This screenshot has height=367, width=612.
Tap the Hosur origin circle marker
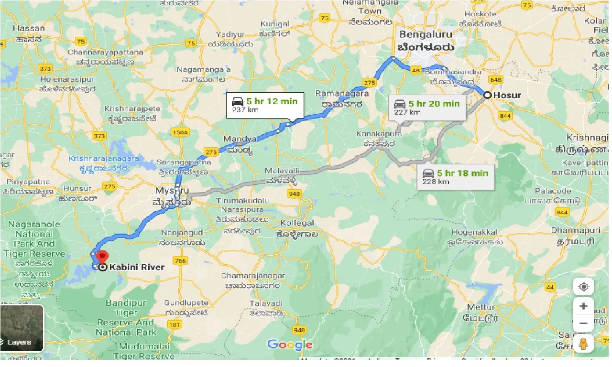[487, 95]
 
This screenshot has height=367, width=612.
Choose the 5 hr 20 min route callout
[427, 108]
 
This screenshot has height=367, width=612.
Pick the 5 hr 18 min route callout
[456, 177]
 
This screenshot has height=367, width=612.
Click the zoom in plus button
[583, 306]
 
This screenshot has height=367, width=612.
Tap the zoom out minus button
[583, 324]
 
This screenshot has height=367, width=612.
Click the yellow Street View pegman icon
[583, 344]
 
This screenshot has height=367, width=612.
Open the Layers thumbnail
[22, 328]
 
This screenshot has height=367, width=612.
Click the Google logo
[290, 345]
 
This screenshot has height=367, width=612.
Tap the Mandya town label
[240, 139]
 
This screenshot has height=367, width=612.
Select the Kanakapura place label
[379, 134]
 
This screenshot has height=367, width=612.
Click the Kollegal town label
[297, 223]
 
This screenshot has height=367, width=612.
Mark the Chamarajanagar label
[253, 276]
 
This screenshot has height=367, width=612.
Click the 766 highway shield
[180, 260]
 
